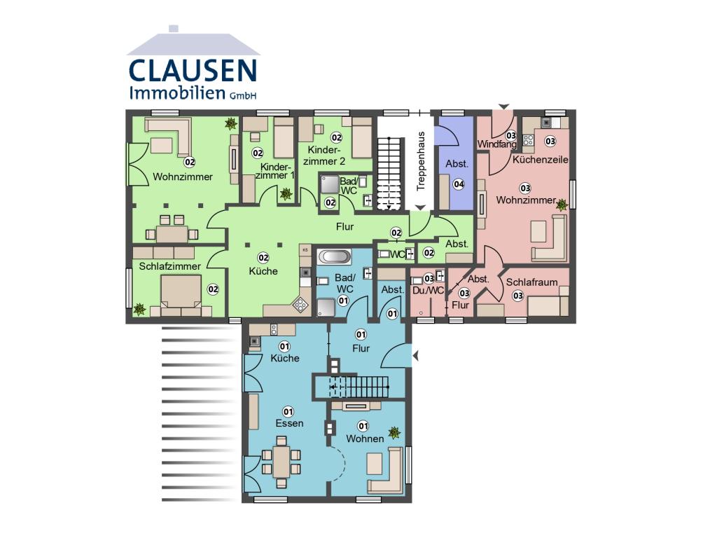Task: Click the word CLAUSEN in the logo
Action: [x=193, y=71]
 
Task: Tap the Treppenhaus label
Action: [x=421, y=161]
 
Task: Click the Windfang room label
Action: [x=496, y=144]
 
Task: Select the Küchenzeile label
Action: [x=540, y=160]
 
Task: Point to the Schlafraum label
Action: [x=531, y=282]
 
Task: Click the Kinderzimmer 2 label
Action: [x=324, y=156]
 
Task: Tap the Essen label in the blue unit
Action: [x=289, y=423]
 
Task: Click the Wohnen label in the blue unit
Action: [x=365, y=439]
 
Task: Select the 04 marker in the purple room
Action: [x=459, y=184]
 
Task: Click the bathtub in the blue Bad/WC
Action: [x=334, y=256]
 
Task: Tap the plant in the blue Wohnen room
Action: [x=394, y=432]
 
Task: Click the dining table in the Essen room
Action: [x=281, y=461]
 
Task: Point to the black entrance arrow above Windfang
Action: [x=504, y=106]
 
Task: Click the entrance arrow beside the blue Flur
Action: [x=416, y=355]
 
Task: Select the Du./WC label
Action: [x=428, y=291]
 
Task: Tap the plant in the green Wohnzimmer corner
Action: [x=231, y=123]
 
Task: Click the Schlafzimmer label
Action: [x=169, y=266]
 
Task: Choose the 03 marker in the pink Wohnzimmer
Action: [x=525, y=188]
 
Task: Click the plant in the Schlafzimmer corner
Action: [x=139, y=309]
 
